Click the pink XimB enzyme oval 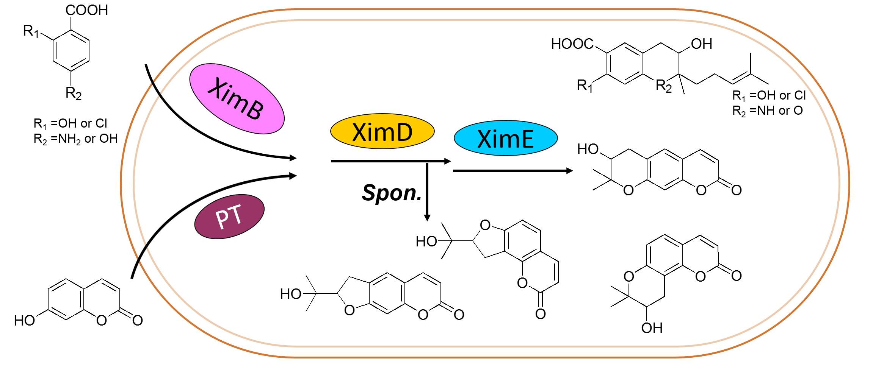tap(237, 99)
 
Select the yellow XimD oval tap(382, 131)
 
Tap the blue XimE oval tap(506, 138)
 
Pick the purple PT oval tap(229, 217)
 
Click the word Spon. tap(392, 193)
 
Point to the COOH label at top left tap(87, 10)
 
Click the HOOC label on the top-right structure tap(572, 44)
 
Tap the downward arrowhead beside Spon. tap(427, 218)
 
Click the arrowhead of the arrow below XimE tap(569, 171)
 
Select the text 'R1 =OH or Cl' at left tap(71, 123)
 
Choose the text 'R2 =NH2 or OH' tap(75, 139)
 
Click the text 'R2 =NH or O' tap(768, 111)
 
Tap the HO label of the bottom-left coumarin tap(24, 321)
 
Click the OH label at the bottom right tap(652, 328)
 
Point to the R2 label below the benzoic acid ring tap(74, 93)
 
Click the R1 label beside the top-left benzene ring tap(31, 31)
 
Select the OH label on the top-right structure tap(702, 44)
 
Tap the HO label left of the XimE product tap(588, 149)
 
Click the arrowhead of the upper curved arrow tap(293, 158)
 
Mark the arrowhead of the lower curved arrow tap(293, 176)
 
